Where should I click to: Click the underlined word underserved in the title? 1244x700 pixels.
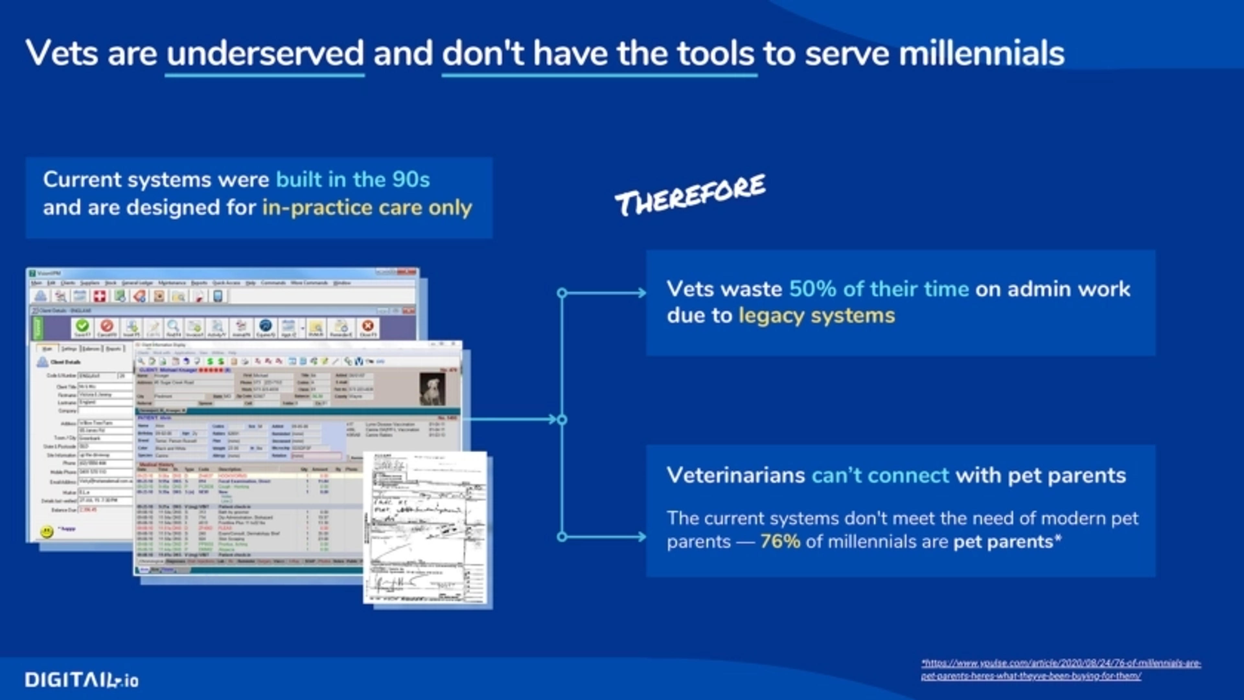click(x=265, y=53)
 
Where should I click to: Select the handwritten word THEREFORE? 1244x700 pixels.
click(x=690, y=196)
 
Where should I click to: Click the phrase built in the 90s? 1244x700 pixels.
click(x=352, y=180)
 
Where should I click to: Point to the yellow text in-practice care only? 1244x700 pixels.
click(x=367, y=208)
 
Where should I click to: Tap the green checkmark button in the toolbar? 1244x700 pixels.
click(x=82, y=326)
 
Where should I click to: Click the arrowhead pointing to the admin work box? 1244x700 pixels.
click(x=641, y=293)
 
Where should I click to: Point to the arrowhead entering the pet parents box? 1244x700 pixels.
click(x=641, y=537)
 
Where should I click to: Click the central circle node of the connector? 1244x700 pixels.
click(x=562, y=420)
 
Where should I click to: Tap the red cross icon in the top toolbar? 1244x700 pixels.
click(x=99, y=296)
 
